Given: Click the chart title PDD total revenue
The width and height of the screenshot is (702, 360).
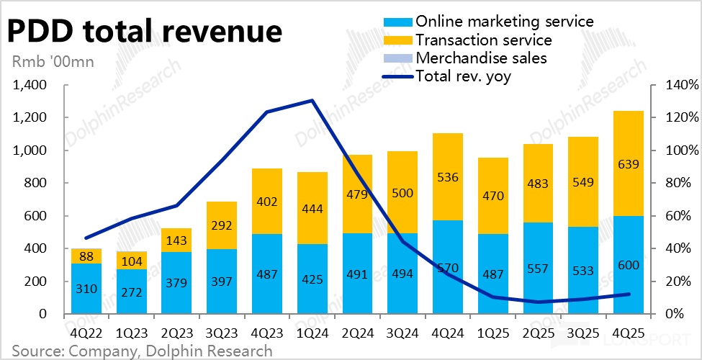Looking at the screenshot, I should [144, 32].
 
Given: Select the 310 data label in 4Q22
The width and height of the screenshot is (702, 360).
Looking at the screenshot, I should [86, 289].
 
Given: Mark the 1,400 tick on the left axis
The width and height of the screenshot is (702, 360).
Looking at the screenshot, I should [30, 85].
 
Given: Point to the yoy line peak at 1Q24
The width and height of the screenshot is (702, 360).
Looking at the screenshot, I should [311, 101].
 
